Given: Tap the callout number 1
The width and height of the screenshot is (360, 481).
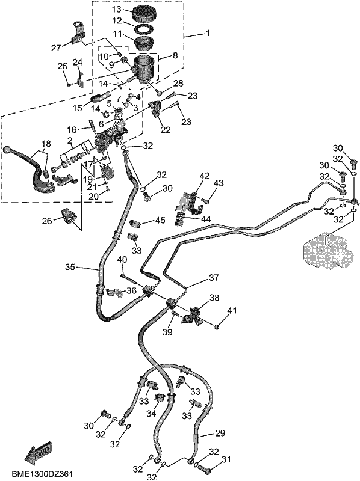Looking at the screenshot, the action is tap(208, 32).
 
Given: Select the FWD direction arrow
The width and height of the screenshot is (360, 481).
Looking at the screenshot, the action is tap(39, 450).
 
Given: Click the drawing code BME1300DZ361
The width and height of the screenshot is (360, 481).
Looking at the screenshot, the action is tap(42, 474).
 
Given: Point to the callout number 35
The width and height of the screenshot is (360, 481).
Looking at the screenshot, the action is tap(70, 267).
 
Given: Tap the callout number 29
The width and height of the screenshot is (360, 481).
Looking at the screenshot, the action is tap(220, 433).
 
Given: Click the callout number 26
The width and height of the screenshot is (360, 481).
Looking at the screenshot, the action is tap(48, 221).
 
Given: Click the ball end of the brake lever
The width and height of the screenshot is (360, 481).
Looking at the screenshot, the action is tap(7, 149).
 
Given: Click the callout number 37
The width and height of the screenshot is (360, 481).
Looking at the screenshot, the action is tap(214, 278).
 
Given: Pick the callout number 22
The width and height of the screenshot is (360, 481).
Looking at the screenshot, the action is tap(166, 129).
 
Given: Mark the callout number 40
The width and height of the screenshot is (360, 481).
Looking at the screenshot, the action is tap(122, 259).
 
